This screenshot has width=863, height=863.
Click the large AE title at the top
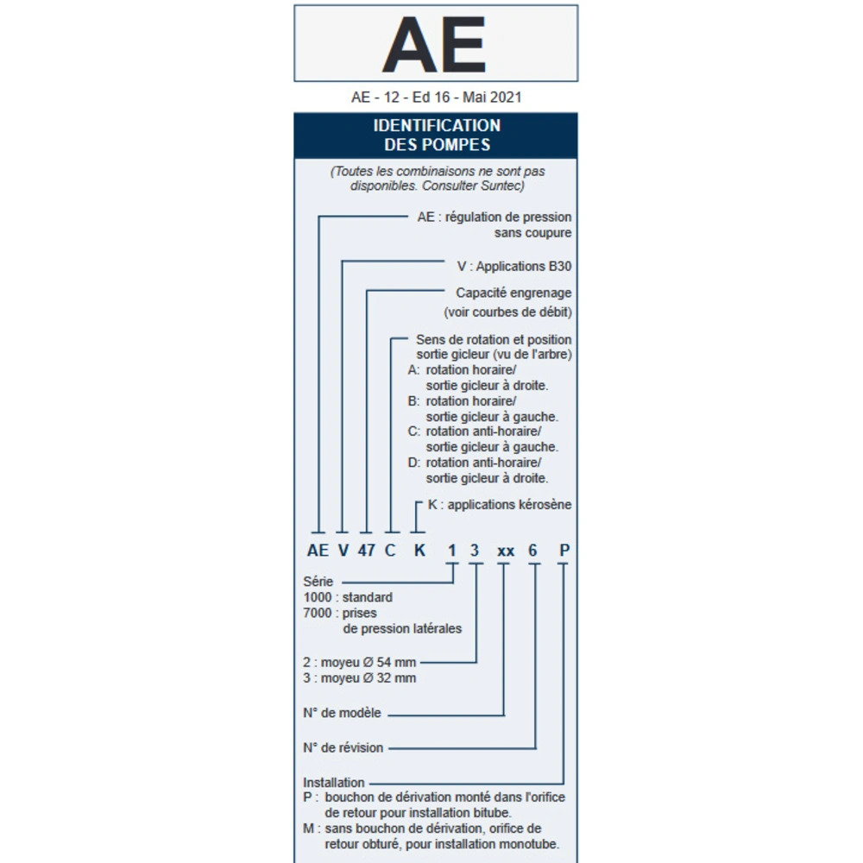434,44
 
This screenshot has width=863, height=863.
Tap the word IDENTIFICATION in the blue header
436,125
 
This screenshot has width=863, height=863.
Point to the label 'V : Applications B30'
513,267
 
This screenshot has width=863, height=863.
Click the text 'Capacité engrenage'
513,293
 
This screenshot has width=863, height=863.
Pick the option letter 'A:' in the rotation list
414,369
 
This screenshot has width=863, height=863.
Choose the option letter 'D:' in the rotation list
414,463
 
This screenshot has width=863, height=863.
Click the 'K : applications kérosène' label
500,504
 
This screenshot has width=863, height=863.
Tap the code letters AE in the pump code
318,551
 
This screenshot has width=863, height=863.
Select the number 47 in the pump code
366,551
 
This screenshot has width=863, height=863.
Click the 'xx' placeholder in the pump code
506,551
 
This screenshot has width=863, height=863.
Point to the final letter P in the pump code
563,551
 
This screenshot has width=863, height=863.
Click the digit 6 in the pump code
535,551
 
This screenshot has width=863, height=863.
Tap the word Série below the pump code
318,582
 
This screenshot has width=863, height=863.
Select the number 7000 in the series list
317,613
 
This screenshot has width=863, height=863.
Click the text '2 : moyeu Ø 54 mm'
360,662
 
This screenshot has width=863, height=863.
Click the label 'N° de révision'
343,747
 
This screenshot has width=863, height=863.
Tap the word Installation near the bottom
334,783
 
